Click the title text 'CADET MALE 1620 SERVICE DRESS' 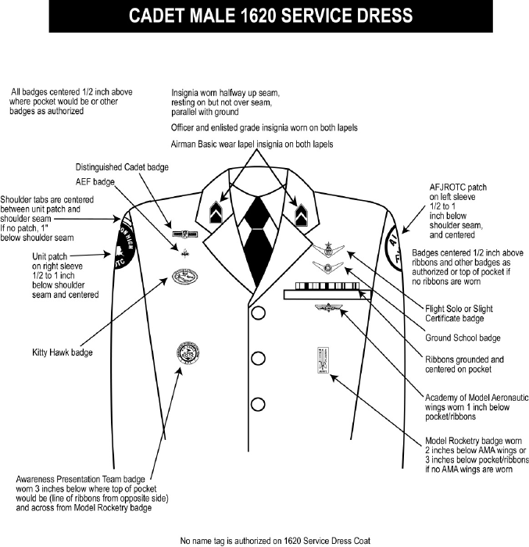[x=264, y=16]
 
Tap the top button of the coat [x=256, y=314]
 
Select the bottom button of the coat [x=256, y=404]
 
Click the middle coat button [x=256, y=359]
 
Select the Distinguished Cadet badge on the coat [x=184, y=233]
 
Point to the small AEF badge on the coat [x=186, y=252]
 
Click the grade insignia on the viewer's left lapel [x=216, y=209]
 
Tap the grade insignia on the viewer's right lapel [x=298, y=209]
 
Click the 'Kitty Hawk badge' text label [x=63, y=352]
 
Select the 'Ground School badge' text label [x=462, y=338]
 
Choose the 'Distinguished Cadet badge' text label [x=122, y=167]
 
